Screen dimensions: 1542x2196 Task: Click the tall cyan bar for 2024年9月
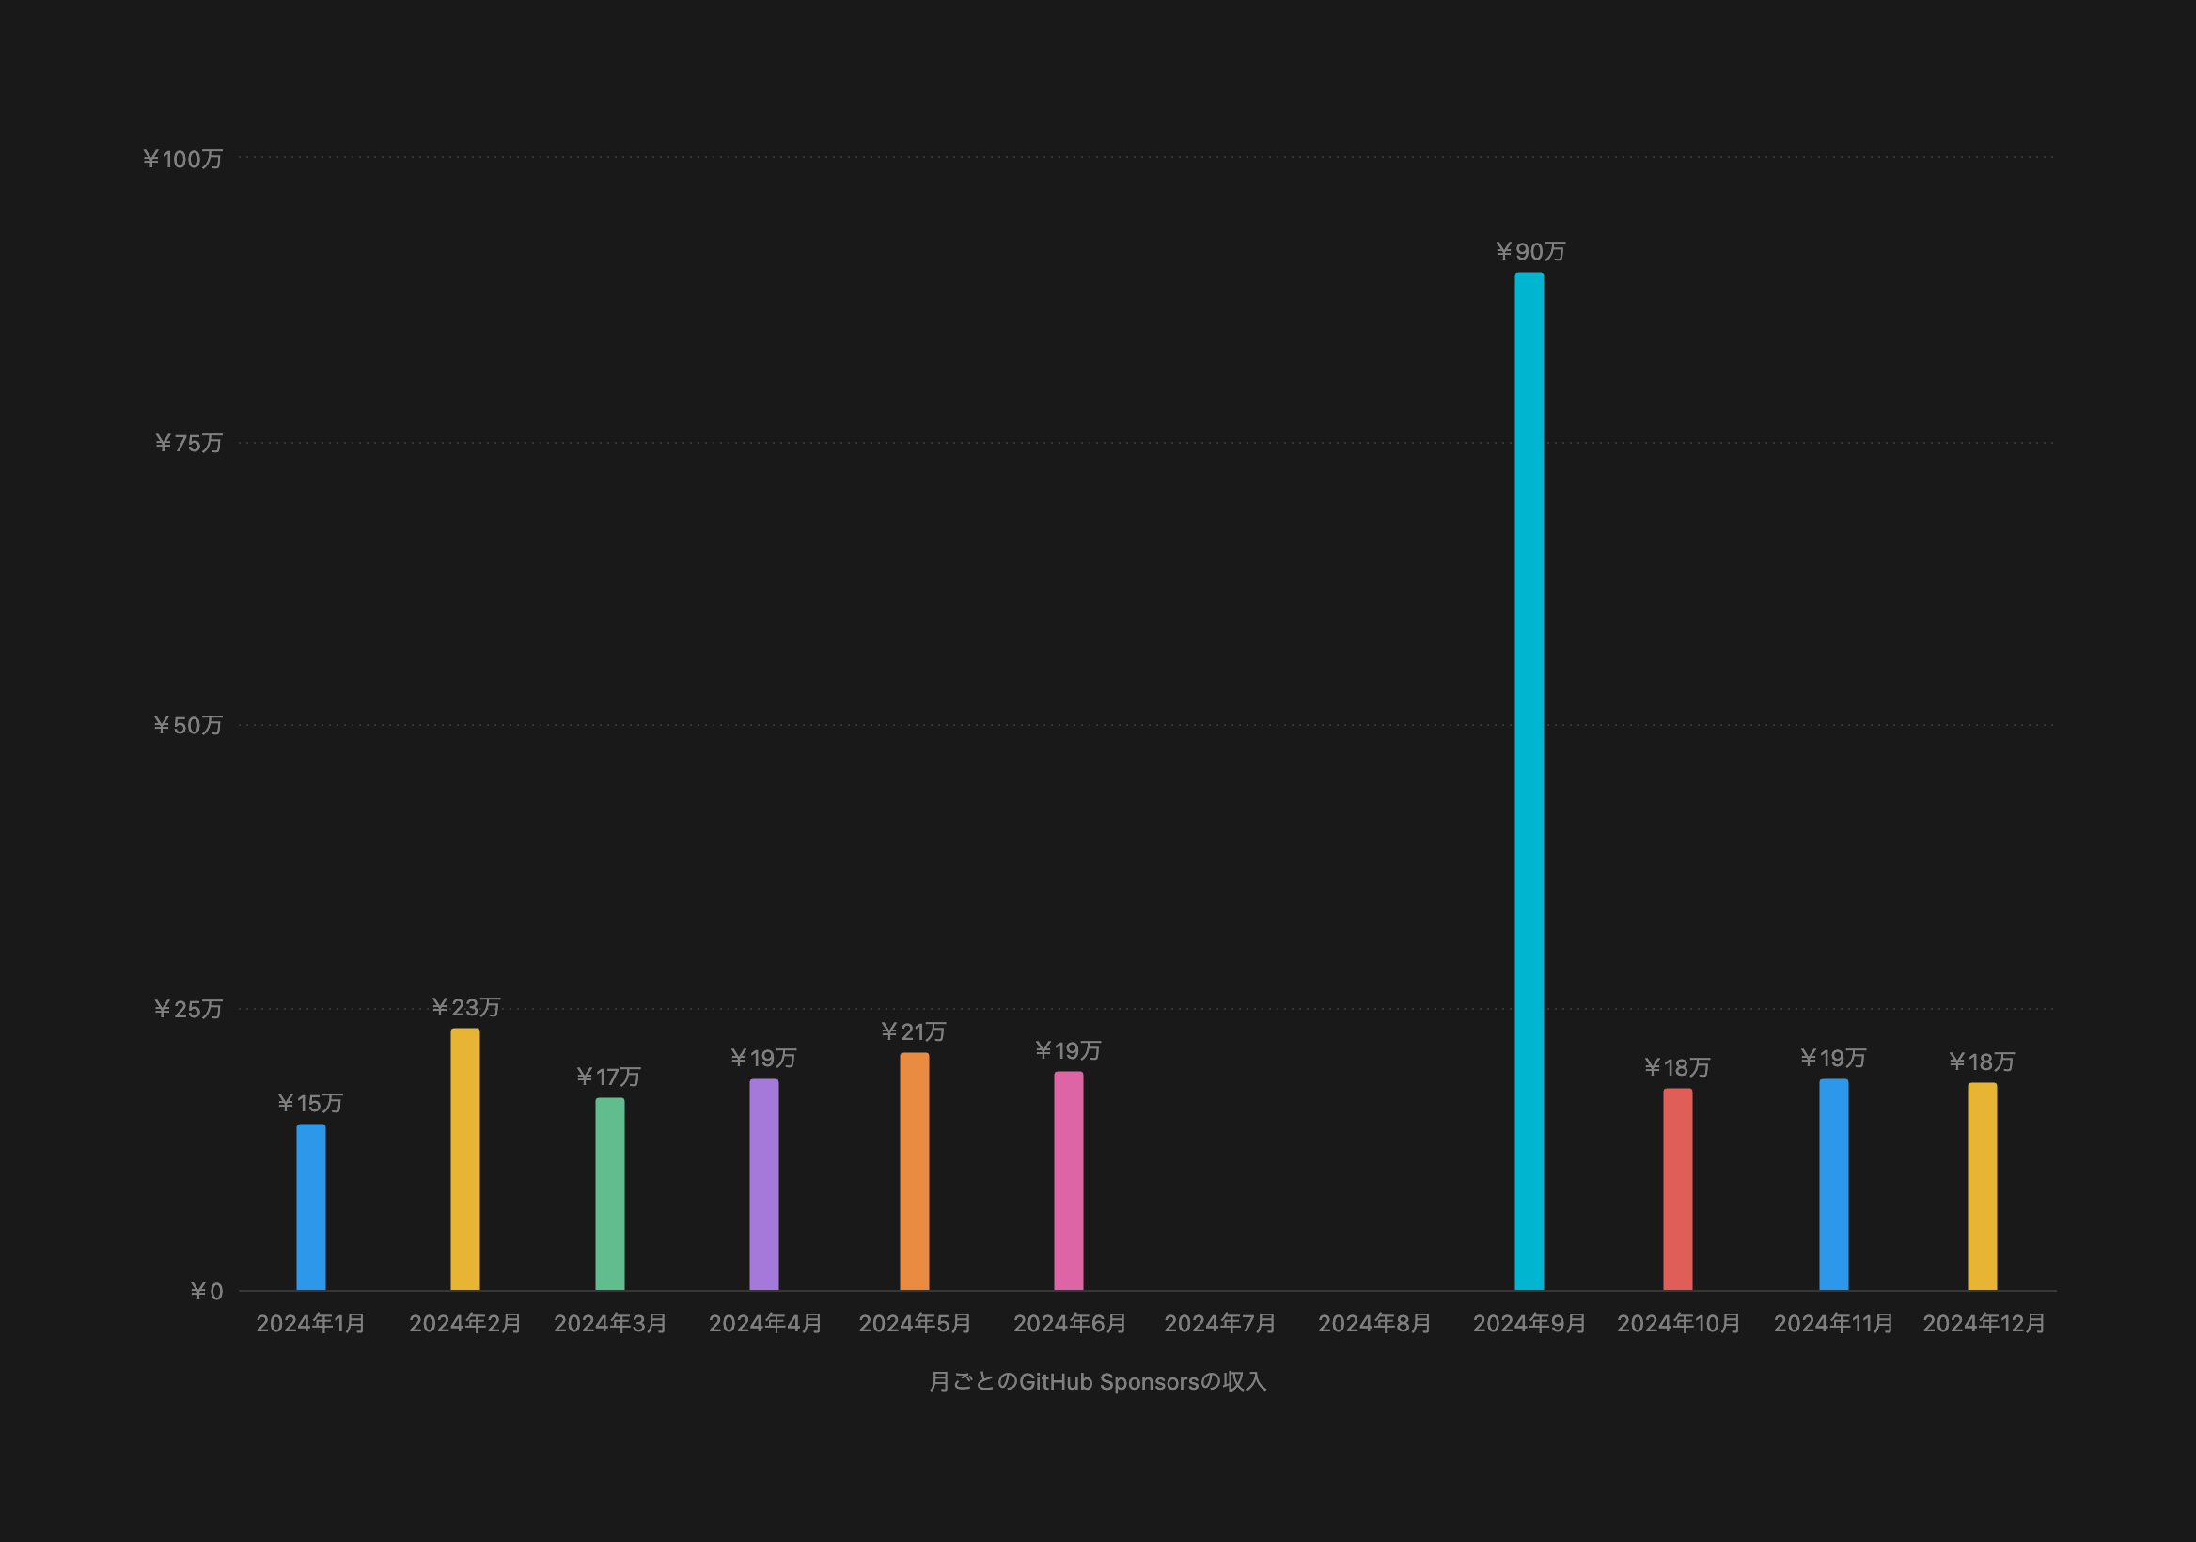1529,780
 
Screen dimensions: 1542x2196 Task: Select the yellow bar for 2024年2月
464,1159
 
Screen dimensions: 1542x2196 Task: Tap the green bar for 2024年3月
609,1194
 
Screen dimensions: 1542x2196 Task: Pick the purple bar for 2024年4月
763,1185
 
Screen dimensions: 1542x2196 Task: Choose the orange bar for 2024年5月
914,1171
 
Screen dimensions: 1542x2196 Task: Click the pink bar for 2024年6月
1068,1180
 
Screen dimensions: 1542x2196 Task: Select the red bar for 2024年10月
1677,1189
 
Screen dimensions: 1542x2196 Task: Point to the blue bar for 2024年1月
311,1207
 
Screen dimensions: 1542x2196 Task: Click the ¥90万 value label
1530,252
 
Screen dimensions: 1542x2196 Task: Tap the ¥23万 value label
465,1007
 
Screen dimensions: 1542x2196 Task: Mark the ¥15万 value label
310,1103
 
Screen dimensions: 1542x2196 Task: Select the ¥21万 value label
914,1031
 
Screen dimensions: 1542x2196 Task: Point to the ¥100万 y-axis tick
182,159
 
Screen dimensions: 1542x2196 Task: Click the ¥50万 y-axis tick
187,725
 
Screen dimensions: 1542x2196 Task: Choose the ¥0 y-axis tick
207,1291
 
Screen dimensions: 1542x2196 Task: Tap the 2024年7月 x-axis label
1219,1323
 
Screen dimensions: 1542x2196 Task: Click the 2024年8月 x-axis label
1374,1323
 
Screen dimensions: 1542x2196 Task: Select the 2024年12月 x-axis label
1984,1323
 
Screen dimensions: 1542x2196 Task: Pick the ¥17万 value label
608,1078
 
